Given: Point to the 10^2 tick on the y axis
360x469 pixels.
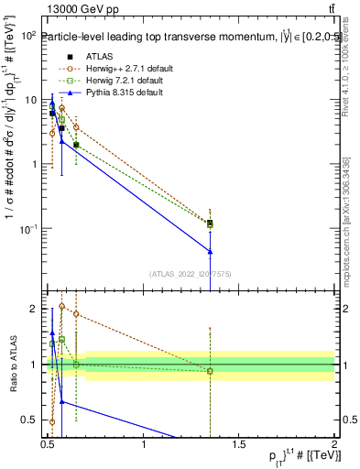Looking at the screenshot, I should coord(29,36).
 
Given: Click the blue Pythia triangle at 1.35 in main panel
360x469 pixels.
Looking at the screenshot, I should coord(211,251).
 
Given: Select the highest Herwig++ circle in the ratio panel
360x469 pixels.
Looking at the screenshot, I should coord(61,306).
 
